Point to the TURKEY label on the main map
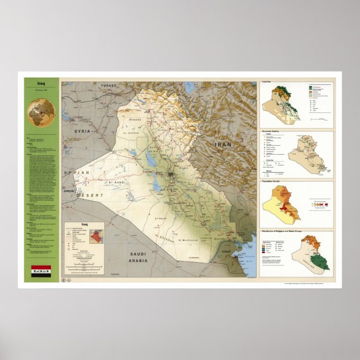click(108, 86)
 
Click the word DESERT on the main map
click(92, 195)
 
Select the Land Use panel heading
click(268, 82)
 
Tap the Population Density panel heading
click(274, 182)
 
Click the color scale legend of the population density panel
click(321, 204)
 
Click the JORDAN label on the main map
click(69, 191)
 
